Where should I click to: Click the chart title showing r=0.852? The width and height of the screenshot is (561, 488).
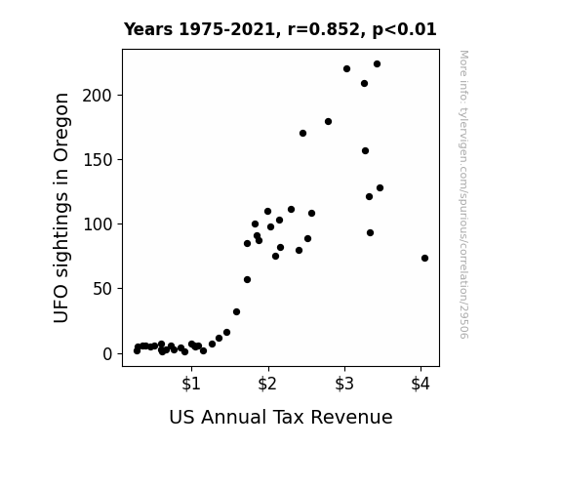(x=280, y=29)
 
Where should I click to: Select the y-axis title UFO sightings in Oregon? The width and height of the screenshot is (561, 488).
(x=60, y=208)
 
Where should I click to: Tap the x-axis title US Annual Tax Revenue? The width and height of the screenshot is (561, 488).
(x=281, y=417)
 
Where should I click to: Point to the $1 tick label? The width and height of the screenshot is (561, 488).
(x=191, y=384)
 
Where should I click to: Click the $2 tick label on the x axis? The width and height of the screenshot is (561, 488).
(x=267, y=384)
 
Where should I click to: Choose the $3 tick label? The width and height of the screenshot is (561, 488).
(x=344, y=384)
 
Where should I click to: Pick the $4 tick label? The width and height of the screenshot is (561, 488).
(x=421, y=384)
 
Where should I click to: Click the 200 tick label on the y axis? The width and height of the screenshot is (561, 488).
(x=98, y=96)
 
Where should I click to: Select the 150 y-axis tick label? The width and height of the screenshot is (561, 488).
(x=98, y=160)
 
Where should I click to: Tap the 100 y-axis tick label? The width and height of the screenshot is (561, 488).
(x=98, y=224)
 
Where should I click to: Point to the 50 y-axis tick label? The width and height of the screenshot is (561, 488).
(x=102, y=289)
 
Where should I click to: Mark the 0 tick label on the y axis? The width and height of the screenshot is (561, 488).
(x=107, y=354)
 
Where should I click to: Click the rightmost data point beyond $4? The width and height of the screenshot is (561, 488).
(x=424, y=258)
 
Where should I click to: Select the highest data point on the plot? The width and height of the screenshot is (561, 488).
(x=378, y=64)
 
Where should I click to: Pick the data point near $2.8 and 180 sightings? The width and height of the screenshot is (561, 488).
(x=328, y=122)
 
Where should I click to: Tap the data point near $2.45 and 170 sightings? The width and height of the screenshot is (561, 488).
(x=302, y=133)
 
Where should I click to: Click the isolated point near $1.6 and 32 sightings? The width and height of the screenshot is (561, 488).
(x=236, y=312)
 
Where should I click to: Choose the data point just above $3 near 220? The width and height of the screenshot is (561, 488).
(x=346, y=68)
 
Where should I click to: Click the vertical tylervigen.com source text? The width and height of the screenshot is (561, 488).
(x=463, y=194)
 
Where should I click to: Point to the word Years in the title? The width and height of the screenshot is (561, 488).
(x=148, y=29)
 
